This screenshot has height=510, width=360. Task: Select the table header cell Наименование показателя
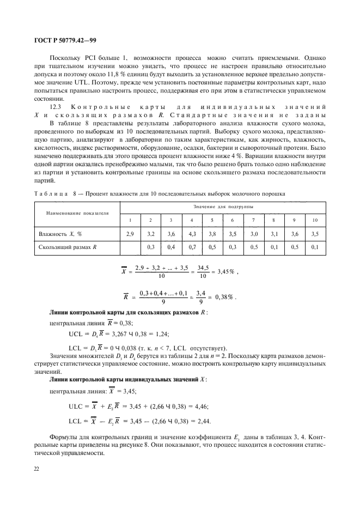pyautogui.click(x=73, y=212)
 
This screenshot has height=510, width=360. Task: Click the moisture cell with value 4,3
pyautogui.click(x=192, y=233)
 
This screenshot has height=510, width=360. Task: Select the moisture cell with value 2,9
pyautogui.click(x=130, y=233)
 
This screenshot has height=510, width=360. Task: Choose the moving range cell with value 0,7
pyautogui.click(x=192, y=247)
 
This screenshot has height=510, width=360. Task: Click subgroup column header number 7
pyautogui.click(x=253, y=220)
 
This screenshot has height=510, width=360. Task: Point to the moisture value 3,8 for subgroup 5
pyautogui.click(x=212, y=233)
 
